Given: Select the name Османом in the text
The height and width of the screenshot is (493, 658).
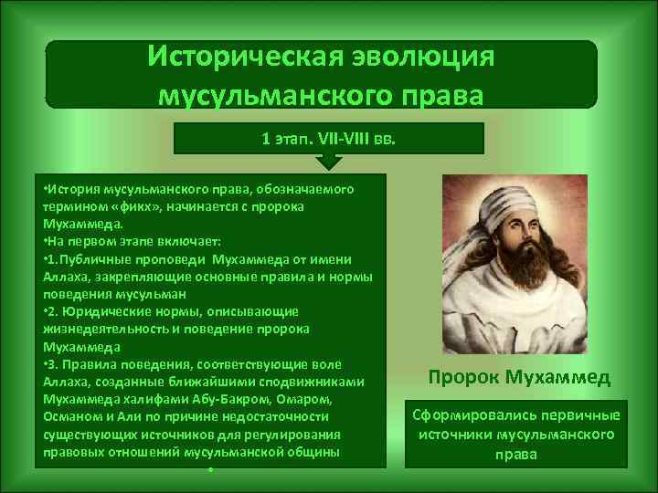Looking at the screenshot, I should click(71, 414).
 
